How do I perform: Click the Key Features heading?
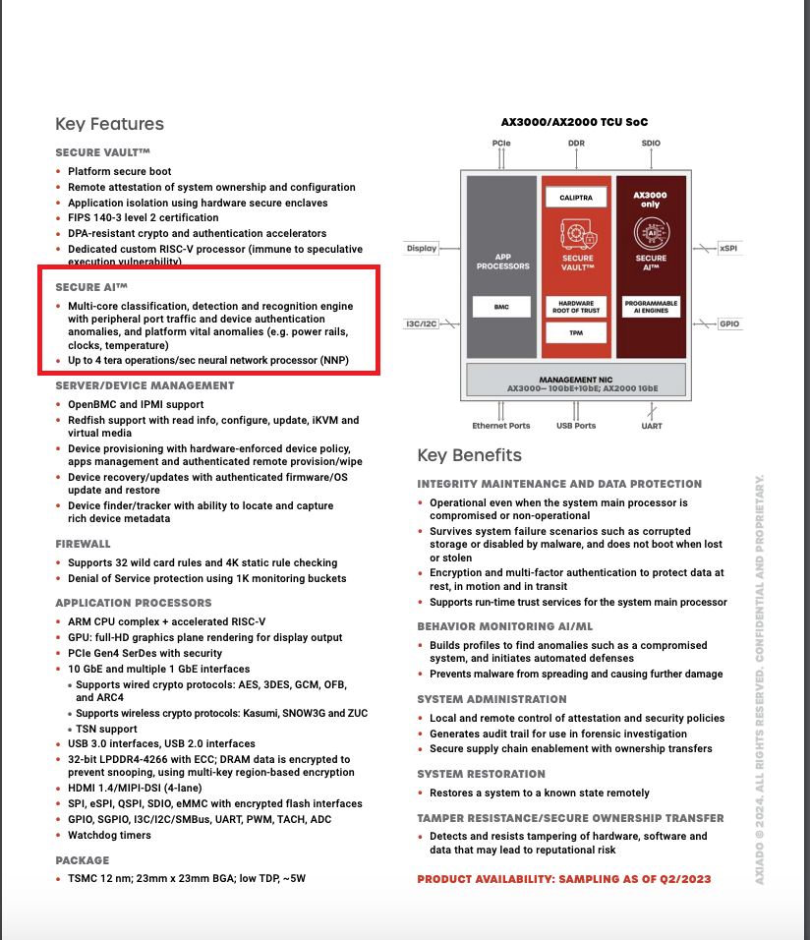(109, 124)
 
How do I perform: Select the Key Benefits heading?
(469, 455)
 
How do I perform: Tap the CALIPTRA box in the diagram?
(576, 199)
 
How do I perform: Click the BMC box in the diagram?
(501, 307)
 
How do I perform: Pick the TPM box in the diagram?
(576, 332)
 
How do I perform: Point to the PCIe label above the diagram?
(501, 144)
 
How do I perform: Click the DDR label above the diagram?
(576, 144)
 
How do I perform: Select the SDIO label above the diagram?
(651, 144)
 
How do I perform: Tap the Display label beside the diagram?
(422, 249)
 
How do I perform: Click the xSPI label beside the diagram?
(728, 249)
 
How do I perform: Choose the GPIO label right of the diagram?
(728, 323)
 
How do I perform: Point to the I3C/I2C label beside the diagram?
(422, 323)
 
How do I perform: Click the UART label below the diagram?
(651, 426)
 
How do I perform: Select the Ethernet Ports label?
(501, 426)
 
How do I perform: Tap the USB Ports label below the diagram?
(576, 426)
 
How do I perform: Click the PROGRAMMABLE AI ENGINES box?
(651, 307)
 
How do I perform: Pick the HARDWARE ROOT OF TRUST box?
(576, 307)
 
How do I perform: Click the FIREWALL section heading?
(83, 544)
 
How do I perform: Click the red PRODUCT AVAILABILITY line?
(564, 879)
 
